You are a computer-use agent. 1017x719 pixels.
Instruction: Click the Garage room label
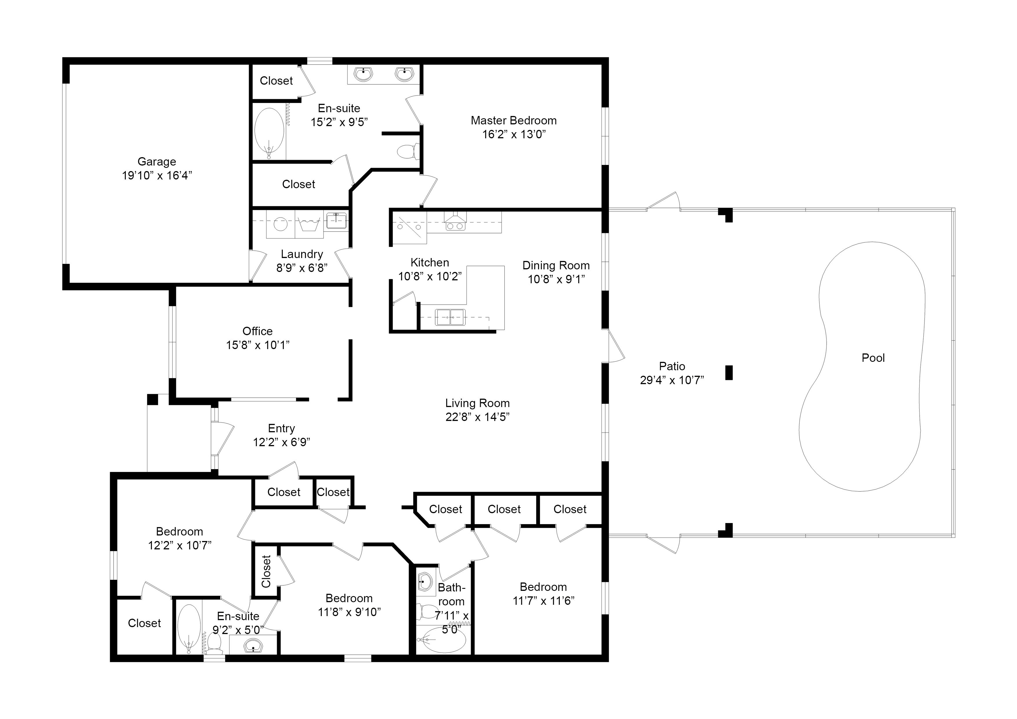(x=157, y=162)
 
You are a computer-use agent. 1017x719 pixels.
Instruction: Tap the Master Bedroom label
(x=513, y=121)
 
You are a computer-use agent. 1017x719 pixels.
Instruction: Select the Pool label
(x=873, y=358)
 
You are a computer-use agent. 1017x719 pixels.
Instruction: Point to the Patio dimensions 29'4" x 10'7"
(x=672, y=380)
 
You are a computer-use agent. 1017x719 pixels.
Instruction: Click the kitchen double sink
(x=450, y=317)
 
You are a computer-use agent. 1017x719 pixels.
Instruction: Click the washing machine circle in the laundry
(x=280, y=224)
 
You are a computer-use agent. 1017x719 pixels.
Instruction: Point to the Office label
(x=257, y=331)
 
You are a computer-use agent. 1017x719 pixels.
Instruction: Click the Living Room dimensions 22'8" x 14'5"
(x=477, y=417)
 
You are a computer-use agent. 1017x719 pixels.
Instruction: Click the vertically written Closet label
(x=266, y=571)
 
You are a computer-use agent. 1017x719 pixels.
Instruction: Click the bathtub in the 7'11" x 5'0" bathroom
(x=441, y=640)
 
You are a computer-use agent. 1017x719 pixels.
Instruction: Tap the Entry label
(x=281, y=429)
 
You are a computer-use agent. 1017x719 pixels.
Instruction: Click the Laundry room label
(x=302, y=254)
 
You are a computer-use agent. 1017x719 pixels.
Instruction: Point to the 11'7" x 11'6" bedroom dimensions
(x=544, y=601)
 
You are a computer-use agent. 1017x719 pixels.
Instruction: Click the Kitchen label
(x=430, y=263)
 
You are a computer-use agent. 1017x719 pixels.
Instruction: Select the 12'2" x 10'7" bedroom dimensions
(x=179, y=545)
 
